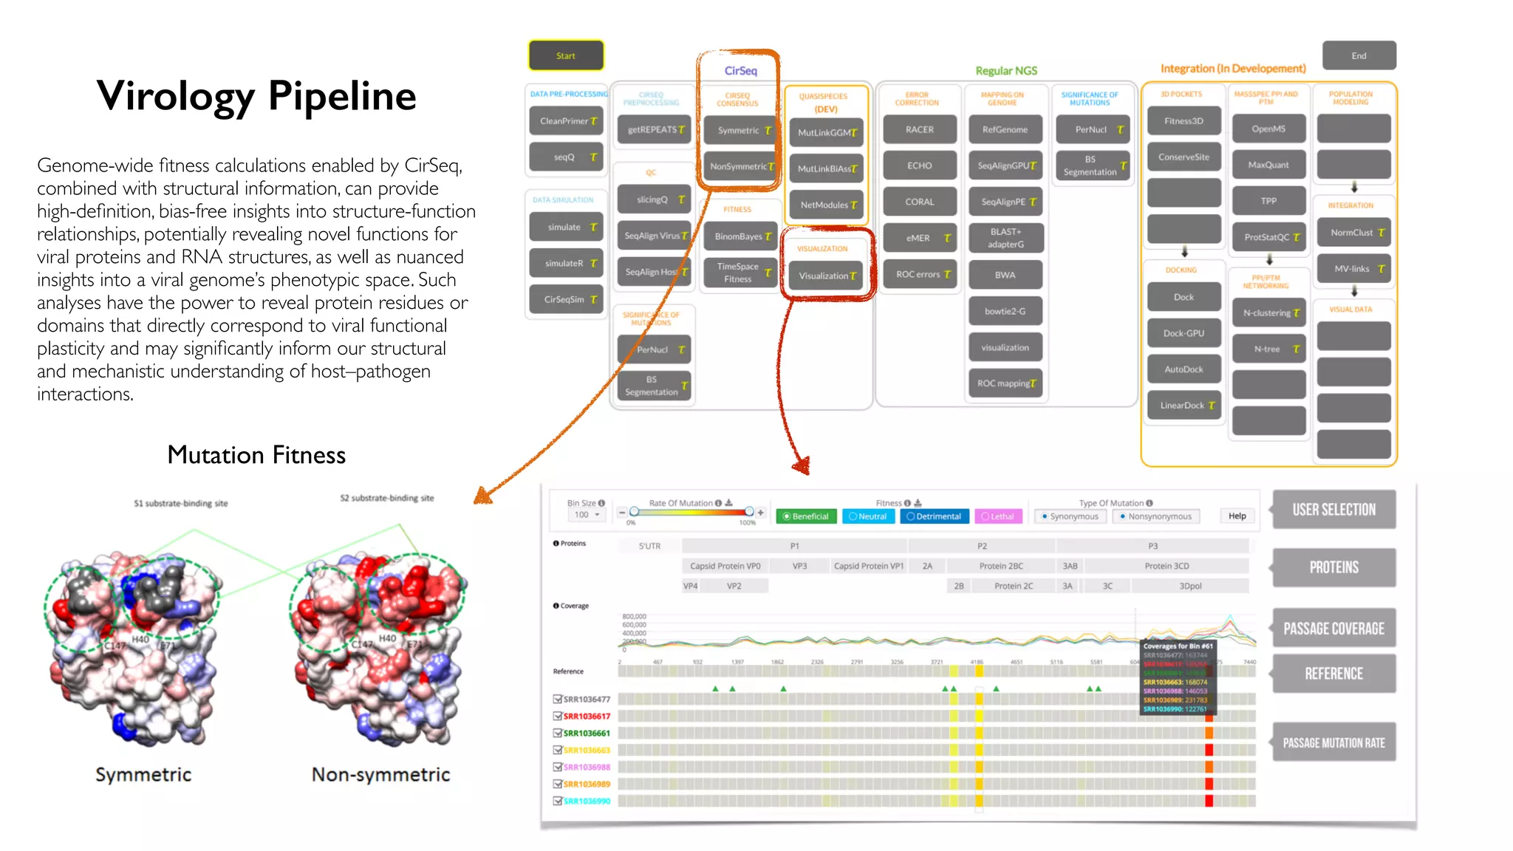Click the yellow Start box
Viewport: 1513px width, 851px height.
[566, 55]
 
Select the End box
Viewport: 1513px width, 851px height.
[1359, 55]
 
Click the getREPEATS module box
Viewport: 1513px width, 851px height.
[654, 129]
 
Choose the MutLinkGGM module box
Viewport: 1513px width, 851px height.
[826, 132]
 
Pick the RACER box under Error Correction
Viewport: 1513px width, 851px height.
[920, 129]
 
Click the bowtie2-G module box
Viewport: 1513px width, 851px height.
[1005, 311]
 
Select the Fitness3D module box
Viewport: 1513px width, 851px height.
[1184, 120]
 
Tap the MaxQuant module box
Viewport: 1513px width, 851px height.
[1268, 165]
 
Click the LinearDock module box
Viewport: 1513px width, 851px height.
[1184, 405]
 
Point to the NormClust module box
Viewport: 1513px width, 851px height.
[1353, 232]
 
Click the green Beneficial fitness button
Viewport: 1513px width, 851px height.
[806, 516]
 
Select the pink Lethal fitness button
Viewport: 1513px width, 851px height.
[998, 516]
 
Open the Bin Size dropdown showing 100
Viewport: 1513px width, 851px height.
[587, 515]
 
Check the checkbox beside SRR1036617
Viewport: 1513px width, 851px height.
[558, 716]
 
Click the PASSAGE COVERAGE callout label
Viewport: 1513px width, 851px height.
[1333, 629]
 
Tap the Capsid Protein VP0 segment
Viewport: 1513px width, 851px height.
[725, 566]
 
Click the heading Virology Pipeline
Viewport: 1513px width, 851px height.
[256, 96]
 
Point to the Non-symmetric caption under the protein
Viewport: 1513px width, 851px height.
[380, 774]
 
